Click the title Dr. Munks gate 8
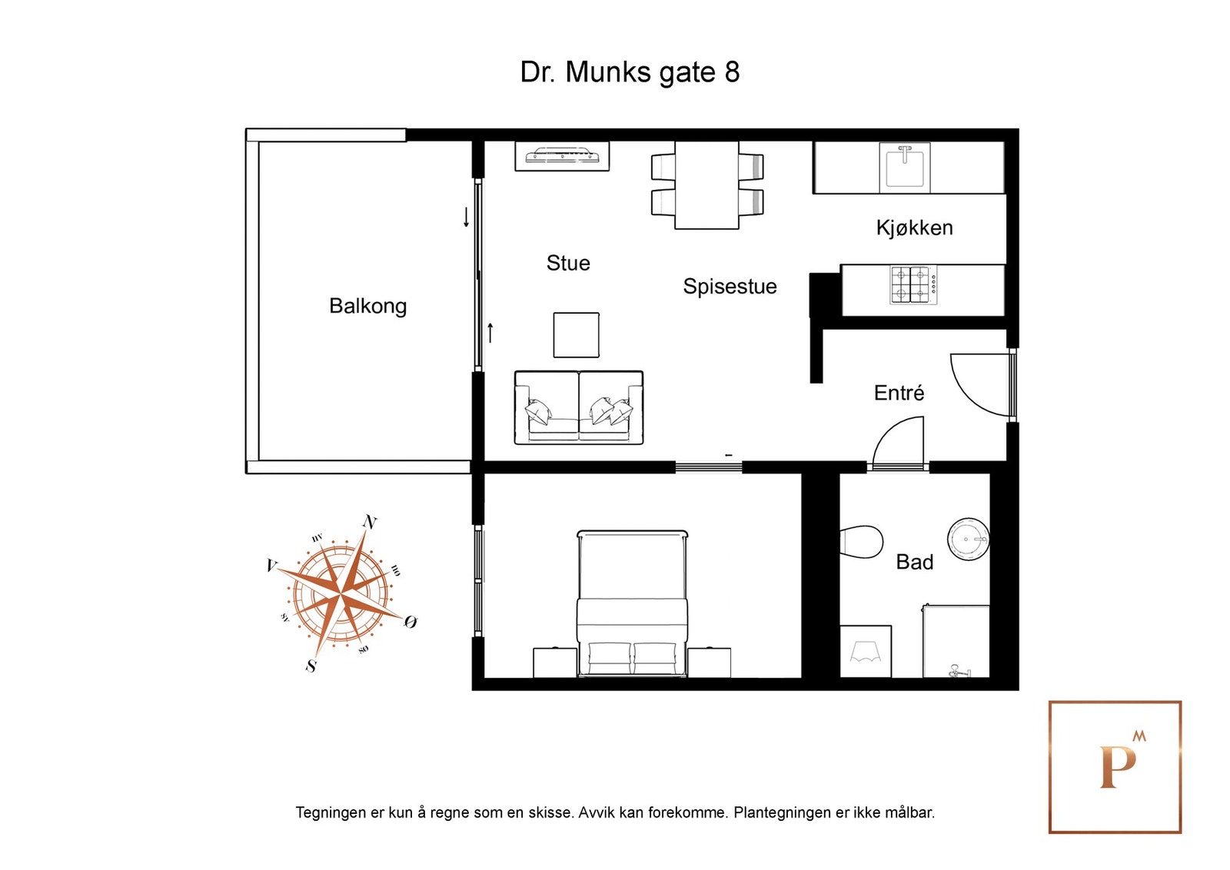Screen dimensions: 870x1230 pyautogui.click(x=630, y=72)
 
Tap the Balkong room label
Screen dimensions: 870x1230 pyautogui.click(x=367, y=306)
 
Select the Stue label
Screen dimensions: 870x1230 pyautogui.click(x=568, y=263)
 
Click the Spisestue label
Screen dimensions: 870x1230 pyautogui.click(x=730, y=287)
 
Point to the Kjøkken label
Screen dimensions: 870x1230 pyautogui.click(x=914, y=227)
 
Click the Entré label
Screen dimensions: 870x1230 pyautogui.click(x=899, y=393)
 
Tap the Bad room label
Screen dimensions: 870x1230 pyautogui.click(x=914, y=562)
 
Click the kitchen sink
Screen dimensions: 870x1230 pyautogui.click(x=905, y=168)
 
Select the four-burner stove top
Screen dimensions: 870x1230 pyautogui.click(x=913, y=285)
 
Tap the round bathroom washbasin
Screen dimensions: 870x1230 pyautogui.click(x=968, y=539)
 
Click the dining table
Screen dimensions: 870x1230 pyautogui.click(x=706, y=185)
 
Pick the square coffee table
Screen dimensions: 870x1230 pyautogui.click(x=576, y=335)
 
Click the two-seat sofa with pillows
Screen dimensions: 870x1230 pyautogui.click(x=578, y=407)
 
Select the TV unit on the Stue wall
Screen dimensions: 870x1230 pyautogui.click(x=562, y=156)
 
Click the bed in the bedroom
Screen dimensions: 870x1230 pyautogui.click(x=632, y=603)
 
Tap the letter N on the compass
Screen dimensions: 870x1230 pyautogui.click(x=370, y=522)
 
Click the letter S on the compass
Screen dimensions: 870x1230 pyautogui.click(x=311, y=666)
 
